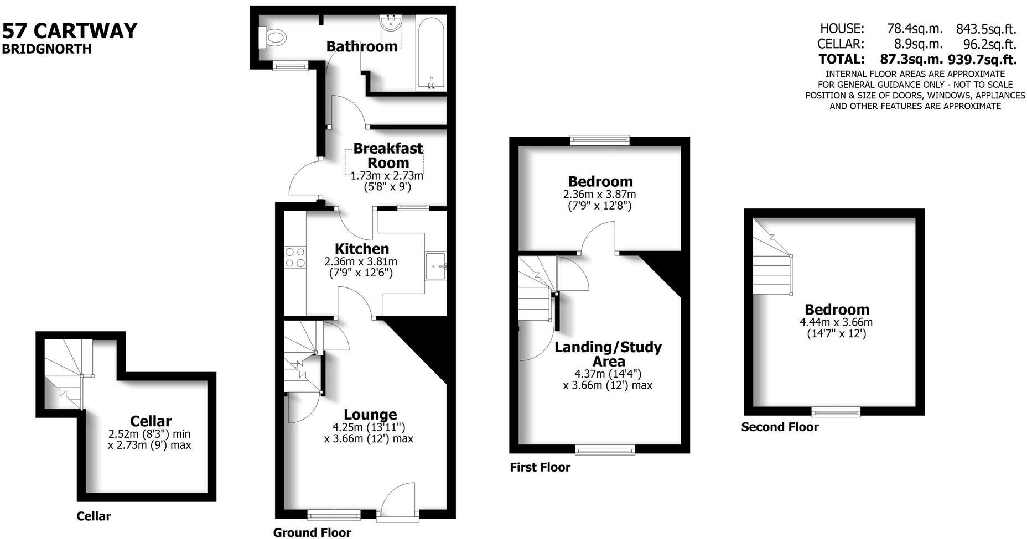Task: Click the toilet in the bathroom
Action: tap(273, 38)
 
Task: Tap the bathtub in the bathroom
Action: tap(430, 53)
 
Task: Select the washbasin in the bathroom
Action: tap(391, 23)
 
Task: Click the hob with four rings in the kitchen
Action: tap(295, 258)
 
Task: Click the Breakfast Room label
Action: tap(388, 155)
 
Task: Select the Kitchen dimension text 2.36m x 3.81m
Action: tap(360, 261)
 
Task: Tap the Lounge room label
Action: tap(370, 415)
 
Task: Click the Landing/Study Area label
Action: tap(608, 354)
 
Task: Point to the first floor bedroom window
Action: tap(600, 140)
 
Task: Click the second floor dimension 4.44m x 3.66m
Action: tap(836, 322)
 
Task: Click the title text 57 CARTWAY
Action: tap(70, 31)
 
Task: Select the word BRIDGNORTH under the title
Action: tap(47, 49)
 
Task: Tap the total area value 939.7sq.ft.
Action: tap(982, 59)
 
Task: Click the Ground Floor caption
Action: tap(312, 532)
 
